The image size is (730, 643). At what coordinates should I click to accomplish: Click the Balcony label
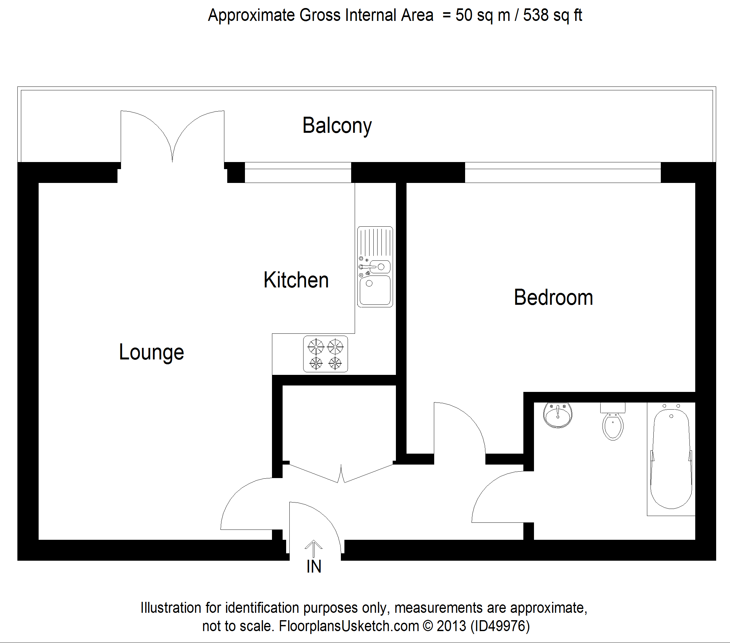(x=337, y=126)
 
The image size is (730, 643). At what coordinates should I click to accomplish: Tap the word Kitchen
(x=296, y=280)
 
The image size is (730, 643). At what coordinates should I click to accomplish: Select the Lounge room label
(x=151, y=353)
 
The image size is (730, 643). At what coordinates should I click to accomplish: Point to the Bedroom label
(x=553, y=298)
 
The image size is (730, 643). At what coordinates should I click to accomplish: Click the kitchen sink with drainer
(x=375, y=267)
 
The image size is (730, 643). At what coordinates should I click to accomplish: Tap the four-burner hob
(x=325, y=354)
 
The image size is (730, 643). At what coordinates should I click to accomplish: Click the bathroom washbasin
(x=557, y=415)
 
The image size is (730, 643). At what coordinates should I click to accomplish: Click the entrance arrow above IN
(x=313, y=548)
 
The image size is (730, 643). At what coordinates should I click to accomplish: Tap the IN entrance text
(x=314, y=566)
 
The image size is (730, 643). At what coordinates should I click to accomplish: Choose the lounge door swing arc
(x=243, y=500)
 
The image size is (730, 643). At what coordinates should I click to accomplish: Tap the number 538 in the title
(x=536, y=15)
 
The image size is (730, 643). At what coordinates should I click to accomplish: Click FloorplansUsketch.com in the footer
(x=349, y=626)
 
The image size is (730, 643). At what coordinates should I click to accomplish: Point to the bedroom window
(x=563, y=172)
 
